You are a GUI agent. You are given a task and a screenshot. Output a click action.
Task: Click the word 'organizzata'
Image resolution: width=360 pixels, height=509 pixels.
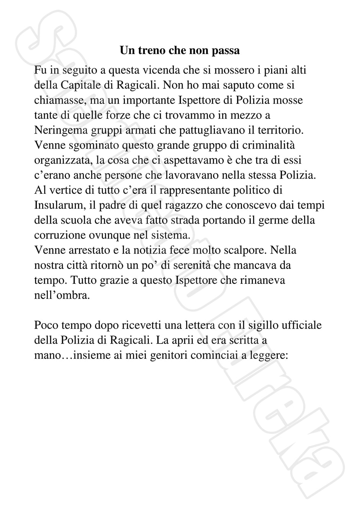coord(63,160)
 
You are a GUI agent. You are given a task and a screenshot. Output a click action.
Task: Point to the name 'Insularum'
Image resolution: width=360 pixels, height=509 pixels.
coord(59,205)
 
